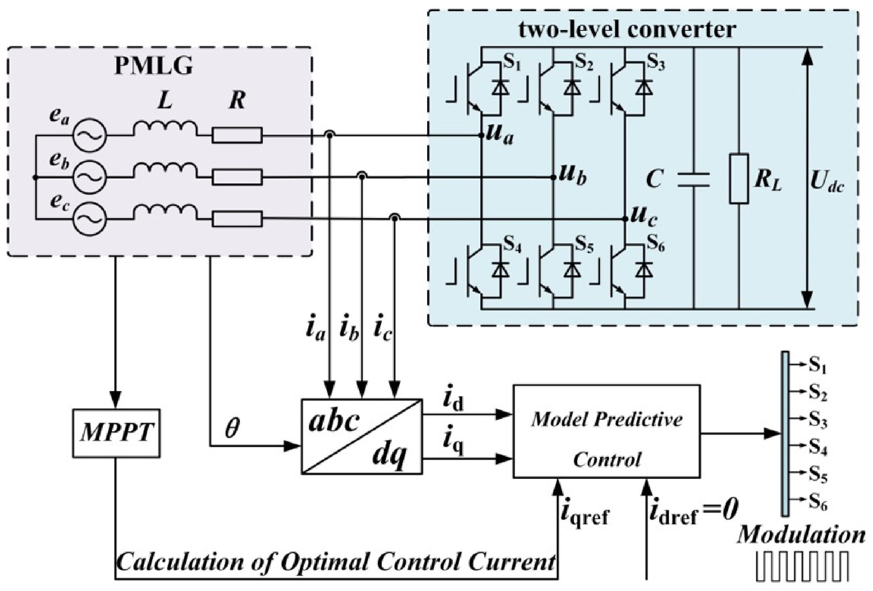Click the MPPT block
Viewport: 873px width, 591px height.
116,433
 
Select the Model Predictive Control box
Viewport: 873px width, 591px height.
607,431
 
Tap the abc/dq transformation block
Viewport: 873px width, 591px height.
362,437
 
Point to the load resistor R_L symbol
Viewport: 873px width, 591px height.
739,178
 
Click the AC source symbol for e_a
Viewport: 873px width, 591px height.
90,136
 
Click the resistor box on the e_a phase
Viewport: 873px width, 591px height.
237,136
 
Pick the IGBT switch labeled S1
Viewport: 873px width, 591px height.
485,88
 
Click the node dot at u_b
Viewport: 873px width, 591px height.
553,177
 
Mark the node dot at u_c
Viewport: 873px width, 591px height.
625,219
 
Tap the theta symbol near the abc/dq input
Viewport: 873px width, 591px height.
232,428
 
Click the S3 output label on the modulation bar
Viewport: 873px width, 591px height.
818,421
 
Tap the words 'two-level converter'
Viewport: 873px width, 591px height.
627,30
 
